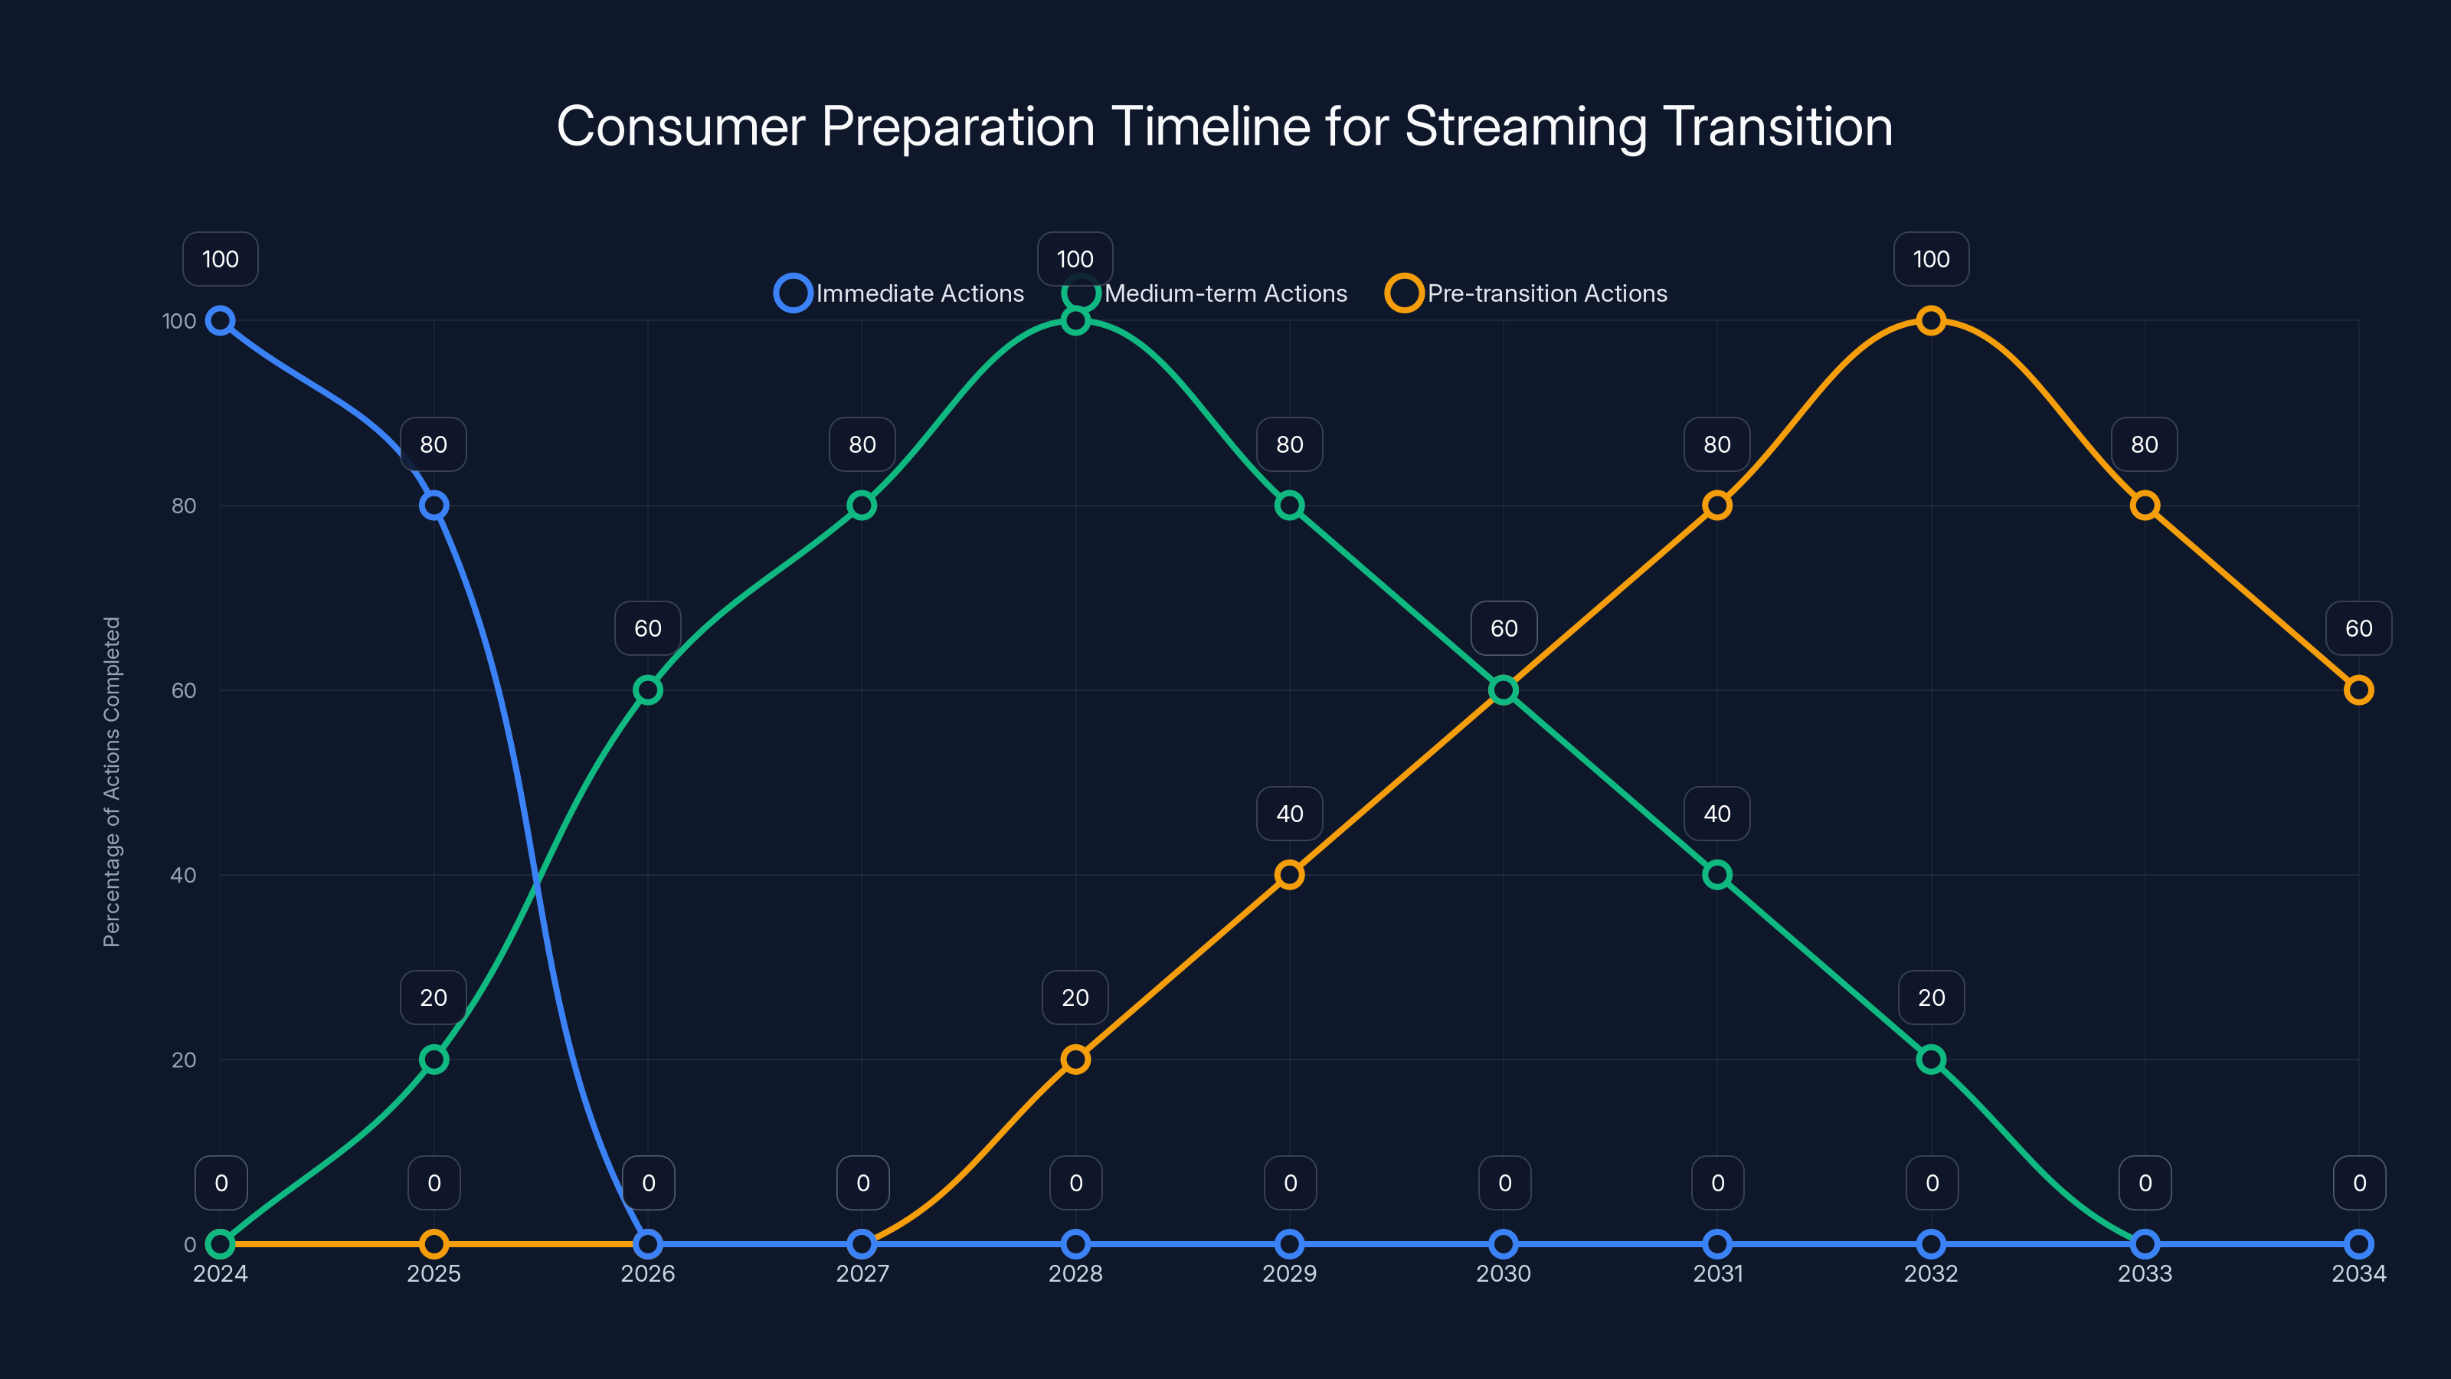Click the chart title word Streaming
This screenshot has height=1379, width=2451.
click(1525, 126)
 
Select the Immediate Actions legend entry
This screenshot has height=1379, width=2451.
click(899, 293)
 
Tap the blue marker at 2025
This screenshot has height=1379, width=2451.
click(434, 506)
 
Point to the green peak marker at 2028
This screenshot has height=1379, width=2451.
click(1075, 321)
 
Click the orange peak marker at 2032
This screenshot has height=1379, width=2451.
click(1930, 321)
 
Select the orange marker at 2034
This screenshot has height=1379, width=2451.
click(2358, 690)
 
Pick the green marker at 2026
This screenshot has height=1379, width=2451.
click(648, 690)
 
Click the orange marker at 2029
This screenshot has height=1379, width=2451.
click(1289, 875)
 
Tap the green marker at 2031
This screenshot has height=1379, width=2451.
click(1716, 875)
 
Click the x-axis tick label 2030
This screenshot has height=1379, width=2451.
click(1504, 1273)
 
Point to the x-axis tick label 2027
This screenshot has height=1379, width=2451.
click(862, 1273)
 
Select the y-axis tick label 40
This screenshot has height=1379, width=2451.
click(183, 875)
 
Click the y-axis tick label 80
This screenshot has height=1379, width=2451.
click(183, 506)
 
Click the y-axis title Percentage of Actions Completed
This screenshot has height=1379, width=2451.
click(111, 781)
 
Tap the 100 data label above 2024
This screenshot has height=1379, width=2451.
click(220, 259)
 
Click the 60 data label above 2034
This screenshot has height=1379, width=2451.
click(2358, 628)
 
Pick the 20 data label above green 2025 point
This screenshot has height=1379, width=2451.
click(434, 997)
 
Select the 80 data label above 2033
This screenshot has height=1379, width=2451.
click(2144, 444)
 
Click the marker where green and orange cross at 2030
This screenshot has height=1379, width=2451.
click(1504, 690)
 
